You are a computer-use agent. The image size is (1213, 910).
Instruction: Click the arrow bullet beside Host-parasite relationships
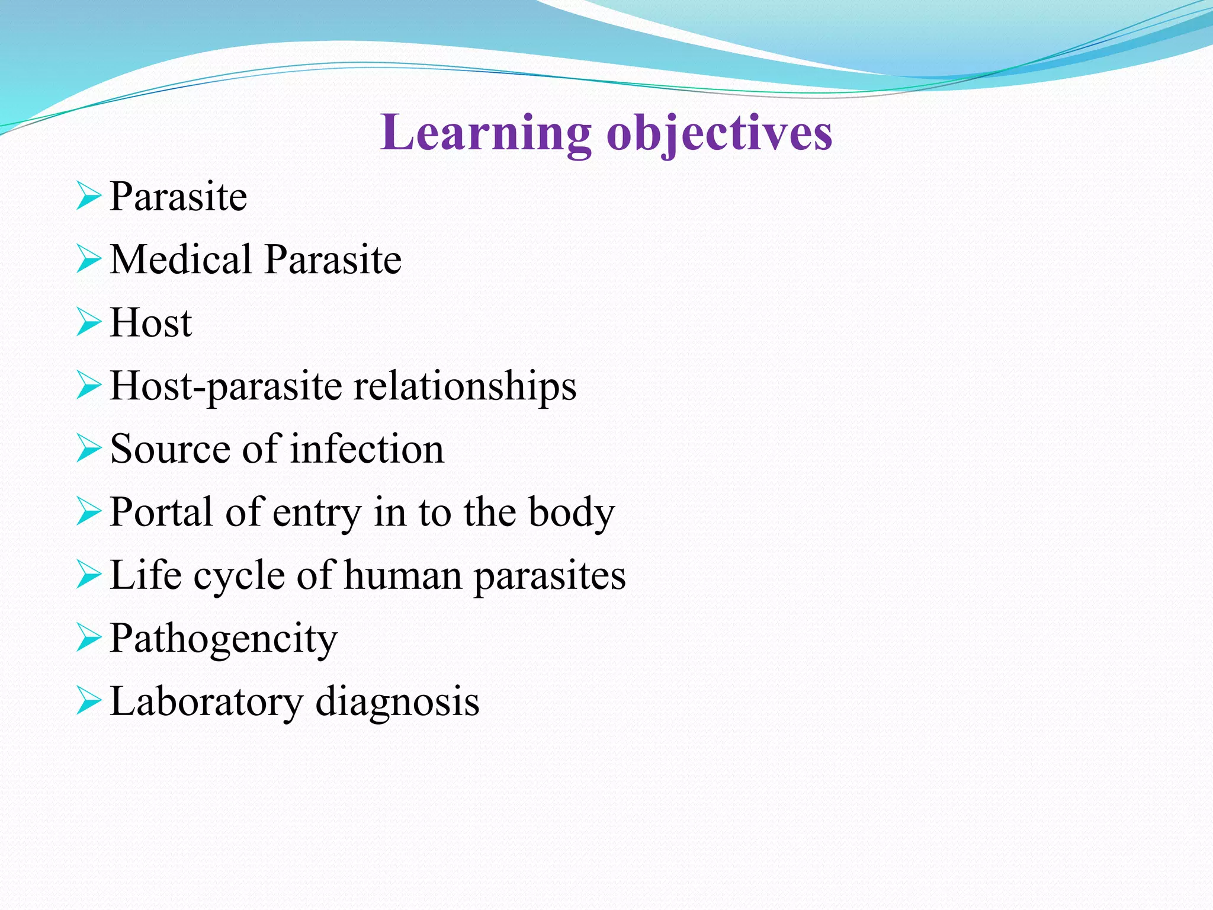tap(89, 386)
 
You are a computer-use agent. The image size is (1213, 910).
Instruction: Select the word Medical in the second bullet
tap(181, 259)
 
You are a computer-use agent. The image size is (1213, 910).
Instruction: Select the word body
tap(572, 513)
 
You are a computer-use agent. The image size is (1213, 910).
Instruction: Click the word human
tap(403, 576)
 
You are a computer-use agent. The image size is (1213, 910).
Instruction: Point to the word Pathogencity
tap(223, 639)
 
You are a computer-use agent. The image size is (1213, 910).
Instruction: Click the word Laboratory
tap(206, 703)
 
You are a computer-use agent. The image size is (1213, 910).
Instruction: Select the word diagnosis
tap(397, 703)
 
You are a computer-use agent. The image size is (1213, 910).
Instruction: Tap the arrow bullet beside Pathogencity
tap(89, 638)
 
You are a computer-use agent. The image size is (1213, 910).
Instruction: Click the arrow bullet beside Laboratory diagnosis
tap(89, 701)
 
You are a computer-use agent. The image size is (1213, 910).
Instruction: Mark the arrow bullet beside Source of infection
tap(89, 448)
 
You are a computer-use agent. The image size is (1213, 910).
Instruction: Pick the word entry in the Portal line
tap(316, 513)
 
